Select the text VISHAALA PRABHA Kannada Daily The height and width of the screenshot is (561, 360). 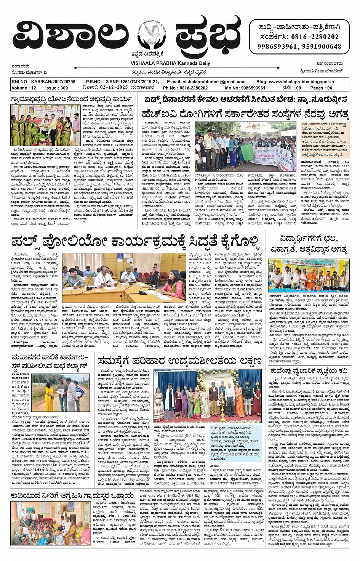pos(170,63)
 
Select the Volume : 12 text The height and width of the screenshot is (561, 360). pos(24,88)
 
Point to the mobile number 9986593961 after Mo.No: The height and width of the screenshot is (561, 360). pos(250,88)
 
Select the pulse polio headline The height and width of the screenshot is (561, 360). pos(135,242)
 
